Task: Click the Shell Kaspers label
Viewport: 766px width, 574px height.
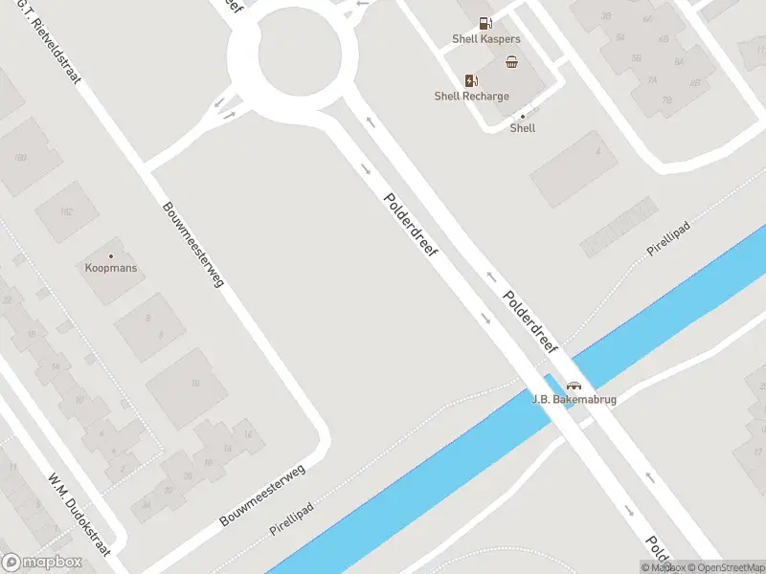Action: tap(486, 39)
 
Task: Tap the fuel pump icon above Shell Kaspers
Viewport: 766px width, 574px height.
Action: tap(486, 23)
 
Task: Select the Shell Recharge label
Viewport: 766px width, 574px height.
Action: tap(471, 96)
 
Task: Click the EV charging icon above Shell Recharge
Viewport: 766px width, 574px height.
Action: tap(471, 80)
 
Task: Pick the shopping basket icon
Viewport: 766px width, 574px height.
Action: tap(512, 62)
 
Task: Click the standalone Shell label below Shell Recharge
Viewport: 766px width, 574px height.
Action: tap(523, 128)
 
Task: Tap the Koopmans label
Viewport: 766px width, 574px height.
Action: tap(111, 269)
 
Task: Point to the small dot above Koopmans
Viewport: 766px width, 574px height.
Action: tap(111, 255)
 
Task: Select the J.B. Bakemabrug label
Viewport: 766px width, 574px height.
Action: tap(574, 399)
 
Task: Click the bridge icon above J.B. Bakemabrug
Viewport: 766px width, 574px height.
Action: tap(574, 385)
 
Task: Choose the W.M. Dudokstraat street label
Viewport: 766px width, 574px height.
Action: tap(79, 515)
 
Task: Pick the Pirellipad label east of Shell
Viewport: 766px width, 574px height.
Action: tap(668, 235)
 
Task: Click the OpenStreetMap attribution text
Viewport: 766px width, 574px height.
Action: tap(723, 567)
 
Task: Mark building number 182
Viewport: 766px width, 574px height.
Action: tap(66, 212)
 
